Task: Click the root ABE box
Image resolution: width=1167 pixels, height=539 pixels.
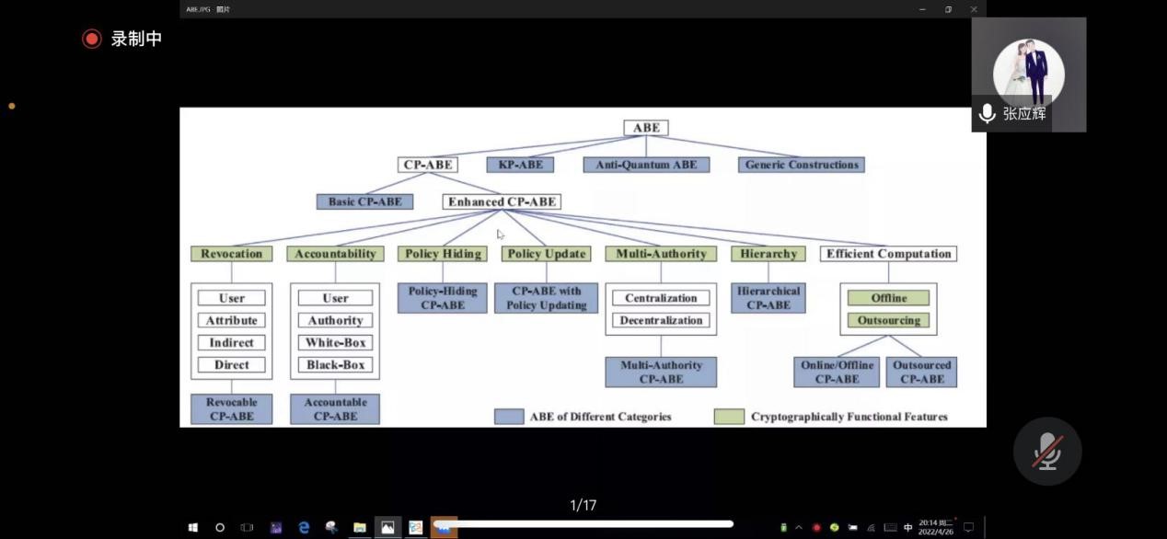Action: pos(646,128)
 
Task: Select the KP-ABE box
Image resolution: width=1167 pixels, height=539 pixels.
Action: pos(520,165)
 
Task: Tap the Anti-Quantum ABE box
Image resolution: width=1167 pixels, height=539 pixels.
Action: pos(646,165)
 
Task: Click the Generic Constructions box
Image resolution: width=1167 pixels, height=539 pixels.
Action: pos(801,165)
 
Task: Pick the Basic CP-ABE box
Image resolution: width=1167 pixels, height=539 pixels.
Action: pos(364,201)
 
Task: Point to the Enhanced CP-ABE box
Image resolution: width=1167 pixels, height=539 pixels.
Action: pos(502,201)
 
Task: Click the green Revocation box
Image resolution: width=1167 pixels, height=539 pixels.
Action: pos(231,254)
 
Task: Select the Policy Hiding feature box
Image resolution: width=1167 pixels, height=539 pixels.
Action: pos(442,254)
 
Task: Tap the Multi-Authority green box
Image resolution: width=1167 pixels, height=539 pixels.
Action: pos(661,254)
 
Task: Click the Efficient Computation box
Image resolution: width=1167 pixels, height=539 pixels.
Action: pos(888,254)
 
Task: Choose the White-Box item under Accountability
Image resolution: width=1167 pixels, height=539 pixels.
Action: pos(335,343)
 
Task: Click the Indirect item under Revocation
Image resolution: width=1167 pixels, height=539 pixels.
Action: pos(231,343)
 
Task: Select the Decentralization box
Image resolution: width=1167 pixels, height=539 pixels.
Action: pos(661,321)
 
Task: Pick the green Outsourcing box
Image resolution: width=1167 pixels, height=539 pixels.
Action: pos(888,321)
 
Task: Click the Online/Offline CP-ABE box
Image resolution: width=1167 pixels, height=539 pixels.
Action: pos(837,372)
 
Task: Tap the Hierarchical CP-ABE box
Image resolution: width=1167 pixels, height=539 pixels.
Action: pos(768,298)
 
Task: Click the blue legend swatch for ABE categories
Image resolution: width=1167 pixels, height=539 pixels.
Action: pos(509,417)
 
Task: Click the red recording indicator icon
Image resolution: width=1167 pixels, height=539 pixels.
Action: pos(91,39)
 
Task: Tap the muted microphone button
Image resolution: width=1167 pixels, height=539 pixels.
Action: pos(1047,451)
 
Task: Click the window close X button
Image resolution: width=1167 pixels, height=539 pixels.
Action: pos(974,9)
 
